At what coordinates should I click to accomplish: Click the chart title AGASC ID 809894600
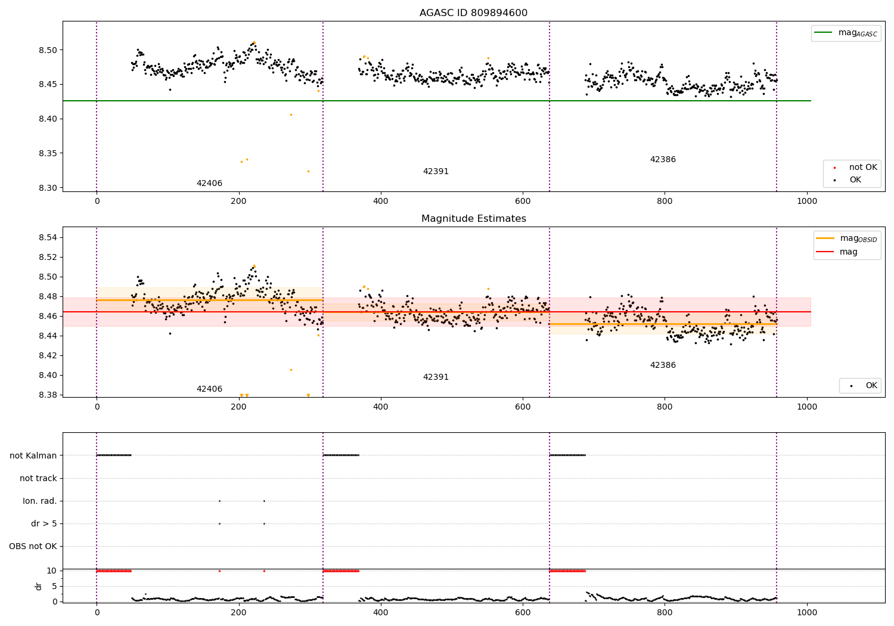473,13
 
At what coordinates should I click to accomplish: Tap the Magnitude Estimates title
473,219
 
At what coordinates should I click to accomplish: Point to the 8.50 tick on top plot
48,50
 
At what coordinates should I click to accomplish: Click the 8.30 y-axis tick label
48,188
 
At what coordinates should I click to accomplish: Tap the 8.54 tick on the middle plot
48,237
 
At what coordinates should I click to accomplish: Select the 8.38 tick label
48,395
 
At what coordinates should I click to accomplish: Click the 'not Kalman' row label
33,455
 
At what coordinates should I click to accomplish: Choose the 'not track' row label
38,478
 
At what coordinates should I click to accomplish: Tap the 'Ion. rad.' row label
40,501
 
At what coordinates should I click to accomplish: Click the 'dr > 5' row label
44,523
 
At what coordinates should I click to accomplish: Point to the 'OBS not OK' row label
33,546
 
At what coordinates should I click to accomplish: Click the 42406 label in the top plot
209,184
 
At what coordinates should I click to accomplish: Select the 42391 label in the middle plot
436,377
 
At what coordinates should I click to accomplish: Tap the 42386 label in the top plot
663,160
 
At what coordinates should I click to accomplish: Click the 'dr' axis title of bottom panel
39,586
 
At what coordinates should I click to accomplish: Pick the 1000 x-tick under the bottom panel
807,613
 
